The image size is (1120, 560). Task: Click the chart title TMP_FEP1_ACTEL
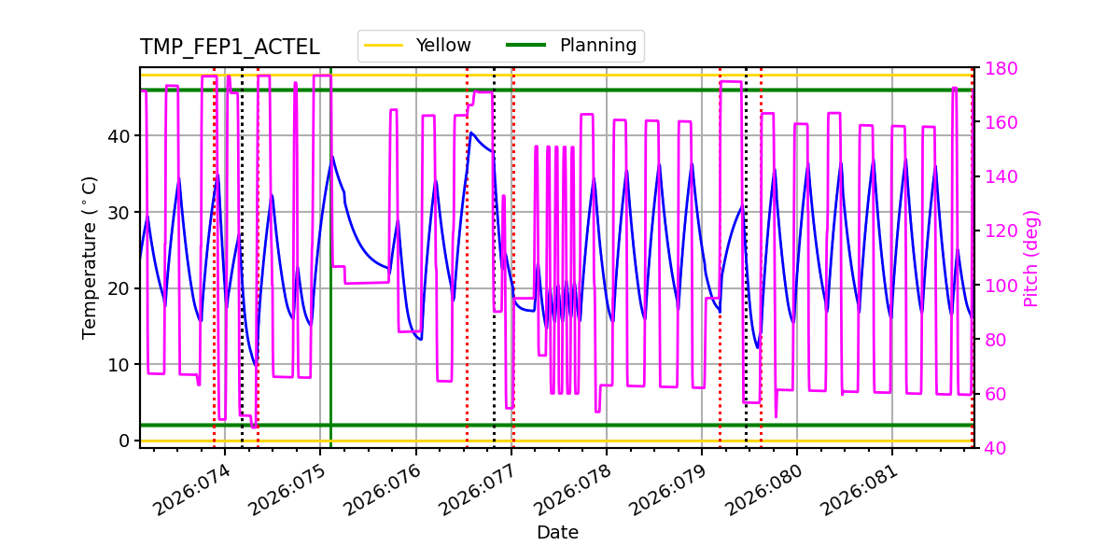click(x=230, y=48)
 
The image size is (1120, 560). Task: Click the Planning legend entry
click(x=571, y=46)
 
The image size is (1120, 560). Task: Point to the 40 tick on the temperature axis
click(x=119, y=136)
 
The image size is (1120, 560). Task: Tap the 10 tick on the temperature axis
click(x=119, y=365)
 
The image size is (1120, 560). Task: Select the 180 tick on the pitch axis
click(x=999, y=68)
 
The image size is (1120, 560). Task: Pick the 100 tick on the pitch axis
click(x=999, y=286)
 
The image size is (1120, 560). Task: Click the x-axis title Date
click(x=557, y=533)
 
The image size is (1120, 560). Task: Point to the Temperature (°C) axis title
click(x=90, y=258)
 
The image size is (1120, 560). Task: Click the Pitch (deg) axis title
click(x=1031, y=258)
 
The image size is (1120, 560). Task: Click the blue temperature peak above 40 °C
click(x=471, y=133)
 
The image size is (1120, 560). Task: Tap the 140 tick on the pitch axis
click(x=999, y=176)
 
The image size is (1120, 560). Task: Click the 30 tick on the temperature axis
click(x=119, y=212)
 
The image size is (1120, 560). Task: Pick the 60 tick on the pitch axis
click(x=995, y=394)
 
